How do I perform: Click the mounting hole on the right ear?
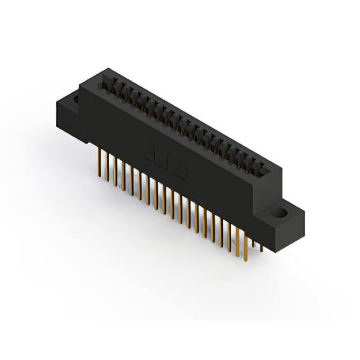pos(280,214)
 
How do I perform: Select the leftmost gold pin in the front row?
pos(100,160)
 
